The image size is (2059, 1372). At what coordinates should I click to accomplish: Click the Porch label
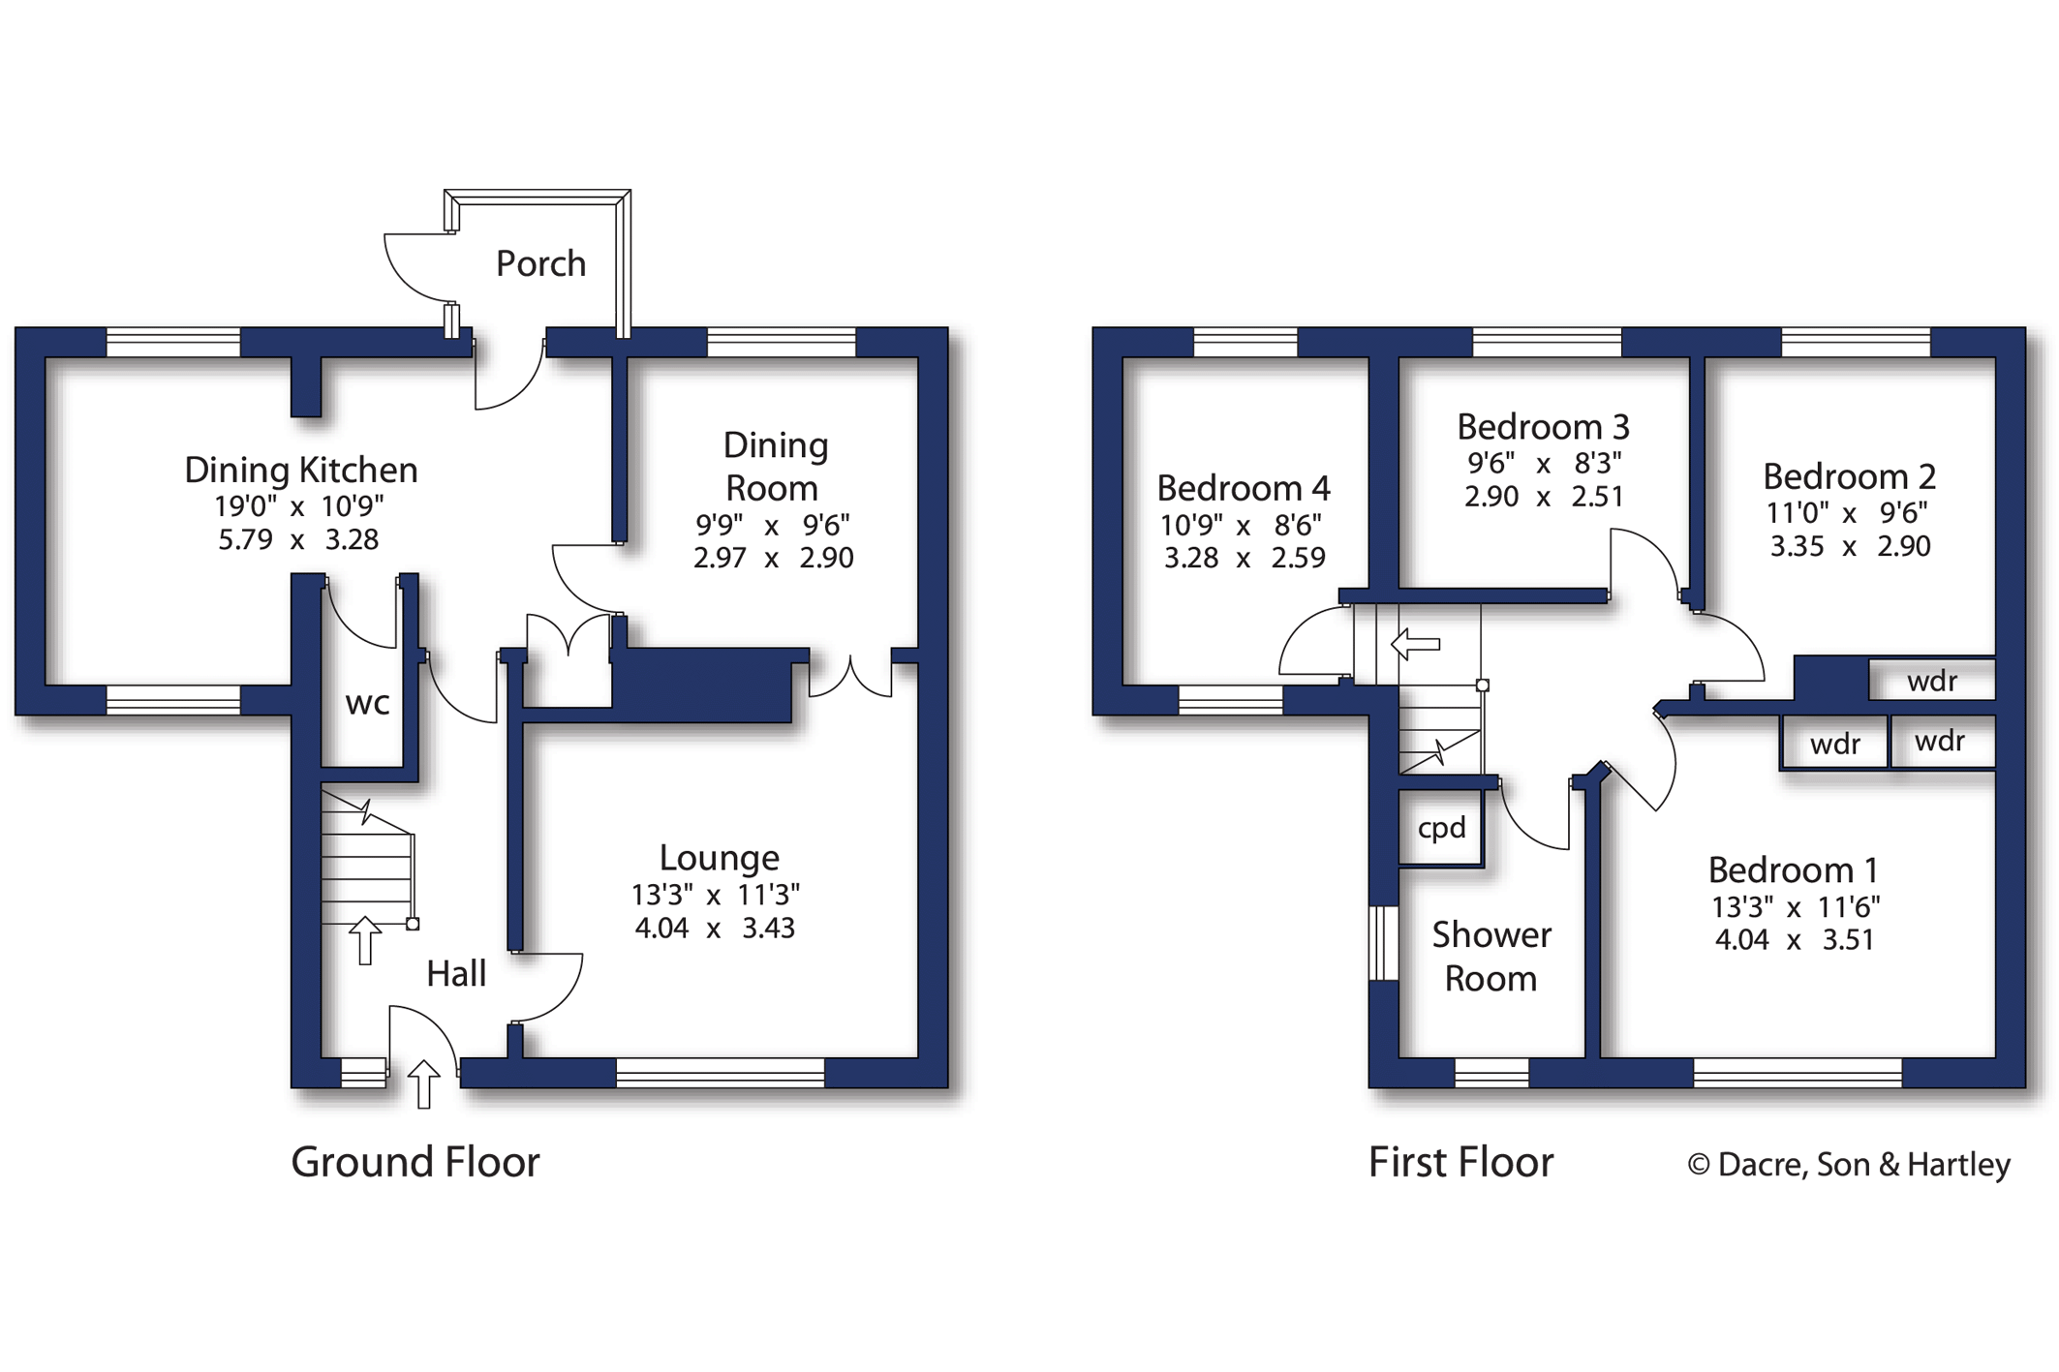pyautogui.click(x=540, y=263)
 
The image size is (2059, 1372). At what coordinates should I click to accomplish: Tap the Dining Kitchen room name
pyautogui.click(x=301, y=471)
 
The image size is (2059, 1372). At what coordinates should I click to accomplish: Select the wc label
pyautogui.click(x=368, y=703)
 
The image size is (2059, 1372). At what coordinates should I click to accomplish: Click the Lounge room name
pyautogui.click(x=719, y=858)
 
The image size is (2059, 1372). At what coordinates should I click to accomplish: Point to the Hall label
pyautogui.click(x=456, y=974)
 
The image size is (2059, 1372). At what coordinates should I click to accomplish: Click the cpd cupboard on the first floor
pyautogui.click(x=1441, y=828)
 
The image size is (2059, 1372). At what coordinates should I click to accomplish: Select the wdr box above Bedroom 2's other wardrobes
pyautogui.click(x=1932, y=682)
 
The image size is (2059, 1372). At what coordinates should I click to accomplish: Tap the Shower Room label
pyautogui.click(x=1491, y=957)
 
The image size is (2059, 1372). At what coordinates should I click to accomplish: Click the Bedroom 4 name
pyautogui.click(x=1244, y=488)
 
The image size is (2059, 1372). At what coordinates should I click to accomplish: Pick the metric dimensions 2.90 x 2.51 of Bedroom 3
pyautogui.click(x=1544, y=497)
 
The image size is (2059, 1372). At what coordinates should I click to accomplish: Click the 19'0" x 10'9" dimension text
pyautogui.click(x=299, y=506)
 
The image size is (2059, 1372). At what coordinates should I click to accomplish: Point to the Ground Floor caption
pyautogui.click(x=415, y=1162)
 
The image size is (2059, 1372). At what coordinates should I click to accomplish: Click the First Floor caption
pyautogui.click(x=1460, y=1162)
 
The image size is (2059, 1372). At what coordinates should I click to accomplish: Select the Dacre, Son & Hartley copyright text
pyautogui.click(x=1849, y=1165)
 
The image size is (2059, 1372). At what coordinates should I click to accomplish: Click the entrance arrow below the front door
pyautogui.click(x=423, y=1083)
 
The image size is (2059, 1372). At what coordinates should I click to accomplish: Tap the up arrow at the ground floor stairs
pyautogui.click(x=365, y=939)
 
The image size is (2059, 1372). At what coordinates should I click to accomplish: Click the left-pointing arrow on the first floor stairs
pyautogui.click(x=1416, y=643)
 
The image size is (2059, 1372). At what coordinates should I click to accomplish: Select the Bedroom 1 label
pyautogui.click(x=1793, y=870)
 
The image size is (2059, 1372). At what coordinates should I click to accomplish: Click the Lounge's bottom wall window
pyautogui.click(x=721, y=1073)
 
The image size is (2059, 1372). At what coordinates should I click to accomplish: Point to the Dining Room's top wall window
pyautogui.click(x=782, y=342)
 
